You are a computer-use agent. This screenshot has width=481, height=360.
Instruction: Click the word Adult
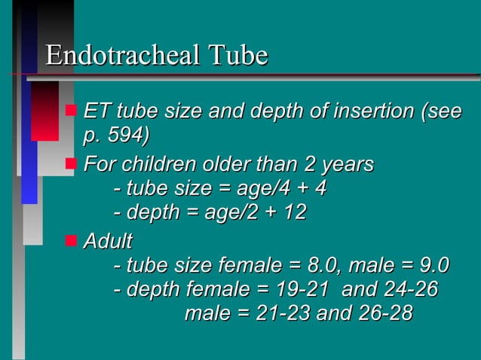[108, 242]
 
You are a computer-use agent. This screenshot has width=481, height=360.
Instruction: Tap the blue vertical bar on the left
[29, 143]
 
